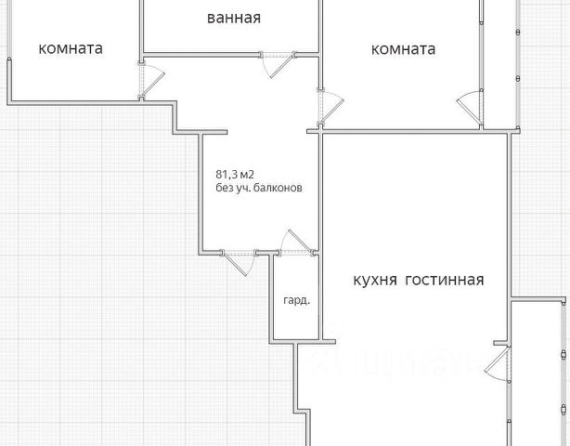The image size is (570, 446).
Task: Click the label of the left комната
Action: coord(71,48)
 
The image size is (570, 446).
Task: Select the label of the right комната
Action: coord(403,49)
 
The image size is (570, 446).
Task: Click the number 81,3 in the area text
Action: coord(228,173)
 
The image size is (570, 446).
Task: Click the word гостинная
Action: coord(445,280)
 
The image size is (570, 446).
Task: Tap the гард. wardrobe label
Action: coord(296,301)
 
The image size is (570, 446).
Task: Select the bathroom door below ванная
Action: coord(276,63)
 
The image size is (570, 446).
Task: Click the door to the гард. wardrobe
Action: coord(296,243)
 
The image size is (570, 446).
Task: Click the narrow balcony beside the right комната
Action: coord(498,60)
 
